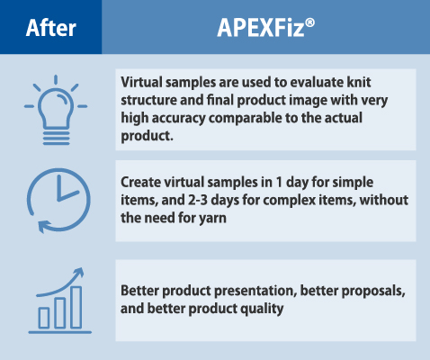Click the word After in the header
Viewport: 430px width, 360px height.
[51, 28]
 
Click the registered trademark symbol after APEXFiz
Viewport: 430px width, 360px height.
[309, 22]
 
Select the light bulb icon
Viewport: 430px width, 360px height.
[56, 110]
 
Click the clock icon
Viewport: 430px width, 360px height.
[58, 200]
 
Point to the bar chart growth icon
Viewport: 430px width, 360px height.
[60, 301]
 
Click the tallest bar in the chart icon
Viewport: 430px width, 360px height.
[76, 308]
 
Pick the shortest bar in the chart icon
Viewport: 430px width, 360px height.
[44, 318]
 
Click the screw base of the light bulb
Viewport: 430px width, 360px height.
[56, 138]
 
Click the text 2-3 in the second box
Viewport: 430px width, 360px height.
[198, 200]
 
